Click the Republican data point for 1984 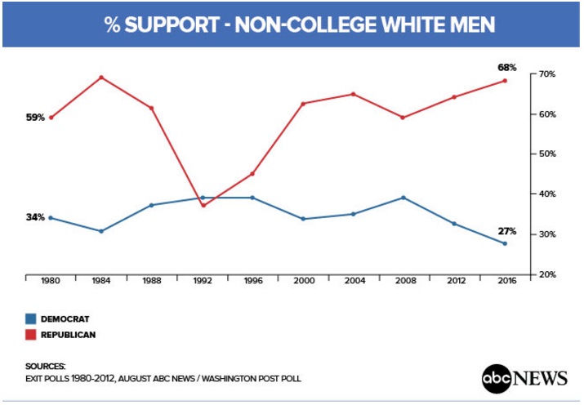pos(101,78)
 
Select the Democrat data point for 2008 pos(403,198)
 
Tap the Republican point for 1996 pos(252,174)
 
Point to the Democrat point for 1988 pos(152,205)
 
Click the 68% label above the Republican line pos(507,67)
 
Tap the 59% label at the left pos(35,118)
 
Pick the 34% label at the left pos(35,218)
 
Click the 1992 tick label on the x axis pos(202,281)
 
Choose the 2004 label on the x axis pos(353,281)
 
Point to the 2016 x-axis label pos(505,281)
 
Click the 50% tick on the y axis pos(546,154)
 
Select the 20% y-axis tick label pos(546,274)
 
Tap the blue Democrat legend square pos(31,319)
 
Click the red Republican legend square pos(31,335)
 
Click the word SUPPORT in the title pos(170,25)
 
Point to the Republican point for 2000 pos(303,104)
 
